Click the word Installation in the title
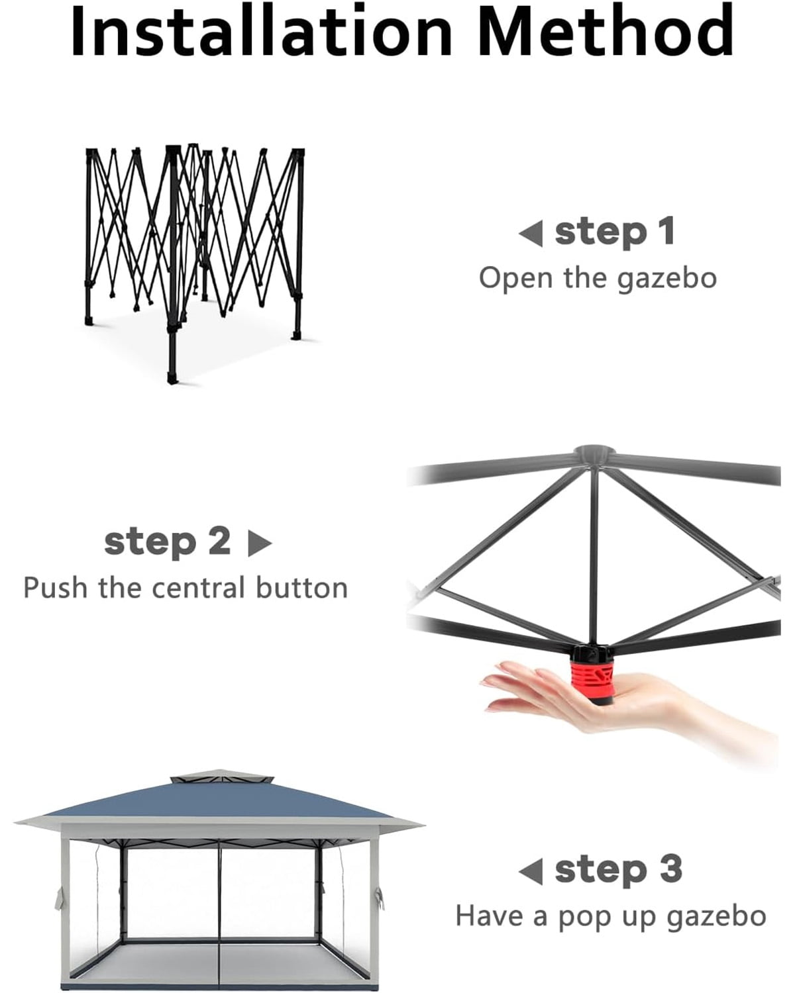261,31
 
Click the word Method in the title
606,31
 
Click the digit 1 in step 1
665,231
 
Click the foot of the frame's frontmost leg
174,376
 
